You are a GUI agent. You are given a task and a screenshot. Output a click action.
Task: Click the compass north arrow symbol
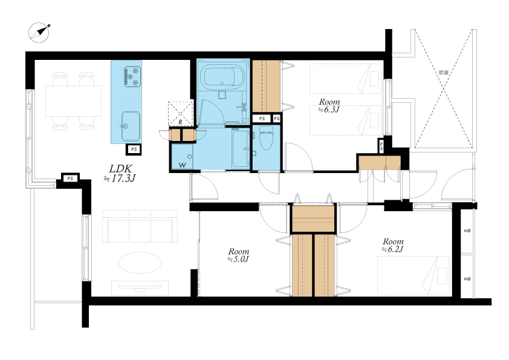[39, 33]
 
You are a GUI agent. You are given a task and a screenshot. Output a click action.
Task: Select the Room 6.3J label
[329, 106]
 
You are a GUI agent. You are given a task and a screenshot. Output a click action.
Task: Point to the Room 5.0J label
[238, 255]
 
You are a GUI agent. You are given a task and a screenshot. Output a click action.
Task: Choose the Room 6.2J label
[393, 245]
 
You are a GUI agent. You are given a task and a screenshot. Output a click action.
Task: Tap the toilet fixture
[267, 138]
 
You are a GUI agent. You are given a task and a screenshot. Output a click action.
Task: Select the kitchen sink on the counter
[131, 126]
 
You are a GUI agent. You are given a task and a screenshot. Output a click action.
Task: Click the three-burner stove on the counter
[132, 77]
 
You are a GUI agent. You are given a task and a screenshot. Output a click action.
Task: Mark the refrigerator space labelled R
[180, 114]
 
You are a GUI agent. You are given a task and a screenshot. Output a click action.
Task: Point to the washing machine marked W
[182, 157]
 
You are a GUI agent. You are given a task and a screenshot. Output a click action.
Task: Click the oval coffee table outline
[140, 262]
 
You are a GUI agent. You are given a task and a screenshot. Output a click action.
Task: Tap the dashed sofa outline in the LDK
[140, 226]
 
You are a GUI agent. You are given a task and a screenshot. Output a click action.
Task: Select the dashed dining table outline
[73, 101]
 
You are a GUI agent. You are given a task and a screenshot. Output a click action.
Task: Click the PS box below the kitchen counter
[134, 149]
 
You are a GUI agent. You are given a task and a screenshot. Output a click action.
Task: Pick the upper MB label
[467, 231]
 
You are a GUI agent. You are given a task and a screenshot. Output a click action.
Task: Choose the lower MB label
[467, 279]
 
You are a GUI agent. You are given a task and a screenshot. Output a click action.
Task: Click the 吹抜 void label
[444, 73]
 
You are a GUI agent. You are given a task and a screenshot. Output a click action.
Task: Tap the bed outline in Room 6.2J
[413, 276]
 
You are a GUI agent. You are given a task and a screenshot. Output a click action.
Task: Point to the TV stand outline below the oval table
[140, 288]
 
